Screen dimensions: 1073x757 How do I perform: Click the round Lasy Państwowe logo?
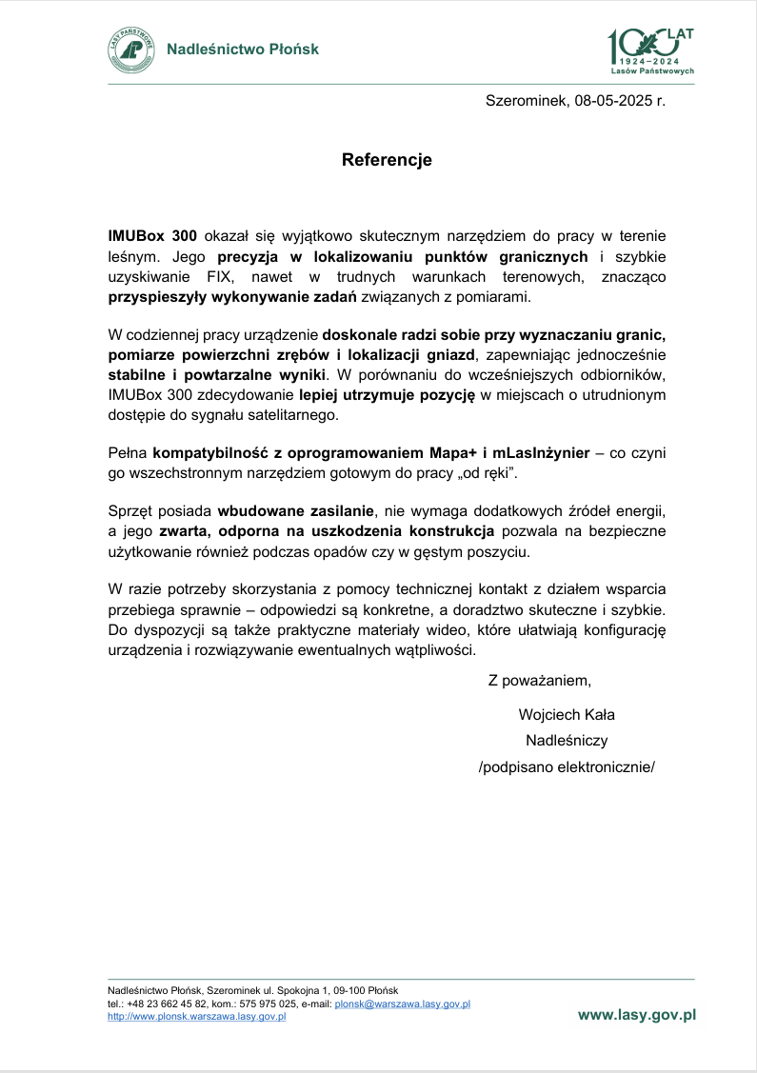coord(130,50)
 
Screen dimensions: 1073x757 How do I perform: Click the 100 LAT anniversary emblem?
coord(651,50)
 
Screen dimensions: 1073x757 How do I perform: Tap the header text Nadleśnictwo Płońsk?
coord(243,50)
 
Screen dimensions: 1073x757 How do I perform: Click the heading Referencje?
coord(387,160)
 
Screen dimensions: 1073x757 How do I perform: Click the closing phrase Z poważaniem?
coord(540,680)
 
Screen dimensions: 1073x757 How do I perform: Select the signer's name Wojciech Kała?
coord(567,714)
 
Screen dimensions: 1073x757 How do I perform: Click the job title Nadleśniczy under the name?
coord(567,740)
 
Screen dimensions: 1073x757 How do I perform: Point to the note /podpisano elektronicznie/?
coord(567,766)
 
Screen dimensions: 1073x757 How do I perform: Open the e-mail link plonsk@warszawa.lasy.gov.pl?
coord(403,1003)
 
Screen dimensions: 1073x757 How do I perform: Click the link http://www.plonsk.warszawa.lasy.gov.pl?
coord(197,1016)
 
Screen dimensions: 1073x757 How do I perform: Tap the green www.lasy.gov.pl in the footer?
coord(637,1015)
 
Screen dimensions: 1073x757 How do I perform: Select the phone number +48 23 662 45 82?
coord(160,1003)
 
